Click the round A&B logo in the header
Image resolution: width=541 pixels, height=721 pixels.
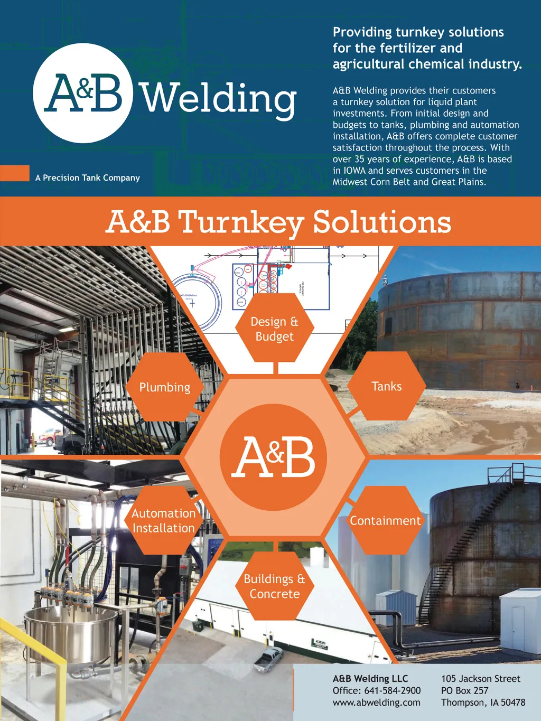82,93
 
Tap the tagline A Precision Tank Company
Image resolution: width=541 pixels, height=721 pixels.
88,178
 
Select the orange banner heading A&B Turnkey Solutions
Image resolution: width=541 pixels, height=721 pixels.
278,221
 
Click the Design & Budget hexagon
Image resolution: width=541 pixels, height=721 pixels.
274,329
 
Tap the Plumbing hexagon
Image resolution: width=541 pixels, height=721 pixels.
164,387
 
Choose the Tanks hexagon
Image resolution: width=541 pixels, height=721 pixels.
386,386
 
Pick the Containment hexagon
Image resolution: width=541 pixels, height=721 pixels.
385,520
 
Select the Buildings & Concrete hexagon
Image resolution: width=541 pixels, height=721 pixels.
274,586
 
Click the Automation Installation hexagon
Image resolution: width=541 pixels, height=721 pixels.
163,520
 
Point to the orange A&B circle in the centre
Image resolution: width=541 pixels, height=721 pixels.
273,457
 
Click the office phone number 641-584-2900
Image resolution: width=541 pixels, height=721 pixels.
392,690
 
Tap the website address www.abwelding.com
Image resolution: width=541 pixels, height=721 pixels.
376,703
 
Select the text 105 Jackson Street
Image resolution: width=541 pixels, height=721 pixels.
480,679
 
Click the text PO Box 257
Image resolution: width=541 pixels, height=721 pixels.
464,690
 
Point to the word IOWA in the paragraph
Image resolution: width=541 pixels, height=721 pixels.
355,171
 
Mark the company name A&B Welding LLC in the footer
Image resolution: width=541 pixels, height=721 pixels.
370,679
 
